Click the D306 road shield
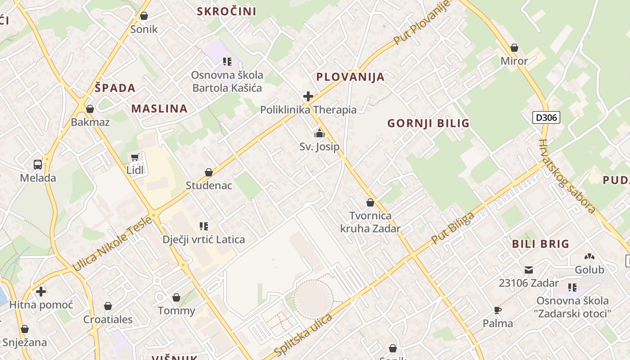tap(546, 118)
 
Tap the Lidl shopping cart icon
tap(135, 157)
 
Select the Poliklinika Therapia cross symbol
tap(308, 96)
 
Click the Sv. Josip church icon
tap(319, 133)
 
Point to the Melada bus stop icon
tap(38, 165)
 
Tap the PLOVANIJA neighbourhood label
tap(351, 77)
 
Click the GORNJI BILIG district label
tap(428, 123)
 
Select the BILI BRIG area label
tap(541, 244)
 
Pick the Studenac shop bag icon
tap(209, 172)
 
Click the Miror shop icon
tap(514, 48)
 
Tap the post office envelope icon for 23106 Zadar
tap(529, 270)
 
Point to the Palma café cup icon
tap(497, 310)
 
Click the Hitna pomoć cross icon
tap(41, 292)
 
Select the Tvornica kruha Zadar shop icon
tap(370, 202)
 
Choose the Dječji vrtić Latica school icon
tap(204, 226)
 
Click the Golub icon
tap(589, 256)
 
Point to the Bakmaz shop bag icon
tap(90, 109)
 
